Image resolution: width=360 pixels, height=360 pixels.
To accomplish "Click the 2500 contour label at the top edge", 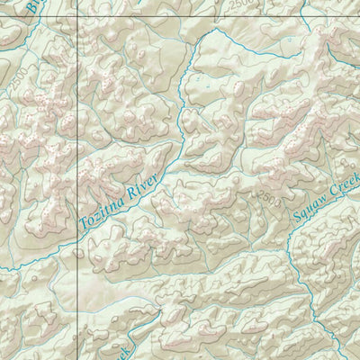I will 239,4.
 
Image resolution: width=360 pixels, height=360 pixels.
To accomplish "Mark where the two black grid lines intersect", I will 77,15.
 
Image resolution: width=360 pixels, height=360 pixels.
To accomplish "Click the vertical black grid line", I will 77,135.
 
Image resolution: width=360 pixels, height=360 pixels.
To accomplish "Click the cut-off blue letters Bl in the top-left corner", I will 33,8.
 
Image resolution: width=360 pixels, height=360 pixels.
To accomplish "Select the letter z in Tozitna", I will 100,212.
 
